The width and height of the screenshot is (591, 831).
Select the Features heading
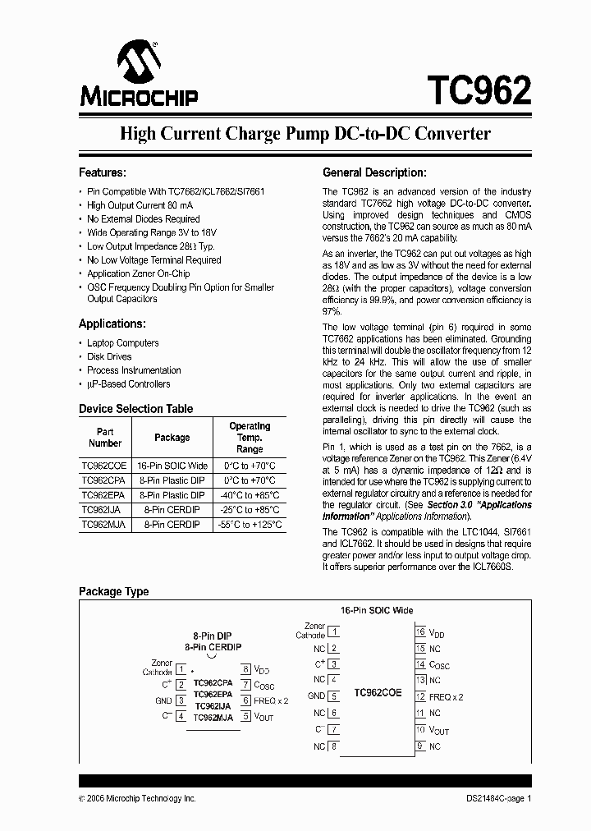pos(102,172)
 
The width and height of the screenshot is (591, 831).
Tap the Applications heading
pos(112,324)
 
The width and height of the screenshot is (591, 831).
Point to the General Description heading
pos(374,172)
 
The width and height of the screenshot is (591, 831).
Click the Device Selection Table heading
pos(135,408)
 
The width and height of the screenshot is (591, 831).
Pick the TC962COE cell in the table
pos(104,465)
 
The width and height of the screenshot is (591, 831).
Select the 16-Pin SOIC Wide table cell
pos(172,465)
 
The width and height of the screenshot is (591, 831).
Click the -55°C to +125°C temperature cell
pos(250,524)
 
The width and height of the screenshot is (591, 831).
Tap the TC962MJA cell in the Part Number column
pos(103,524)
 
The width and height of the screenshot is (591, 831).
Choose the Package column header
pos(172,438)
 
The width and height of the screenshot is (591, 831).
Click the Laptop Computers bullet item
pos(123,342)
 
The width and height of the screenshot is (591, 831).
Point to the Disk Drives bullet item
pos(109,356)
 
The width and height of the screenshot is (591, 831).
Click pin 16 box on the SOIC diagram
pos(420,631)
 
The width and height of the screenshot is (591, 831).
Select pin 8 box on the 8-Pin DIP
pos(245,669)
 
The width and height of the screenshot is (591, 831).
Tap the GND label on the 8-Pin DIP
pos(163,700)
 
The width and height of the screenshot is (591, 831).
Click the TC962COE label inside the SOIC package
pos(378,692)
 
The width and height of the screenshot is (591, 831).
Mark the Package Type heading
pos(113,591)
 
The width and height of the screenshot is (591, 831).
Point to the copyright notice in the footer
pos(137,798)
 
